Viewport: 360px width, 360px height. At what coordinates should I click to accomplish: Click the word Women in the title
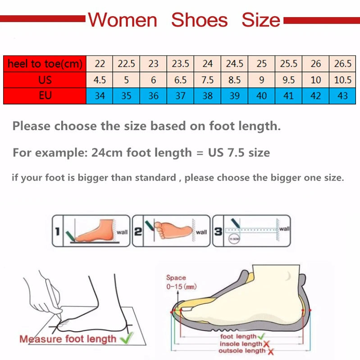(122, 20)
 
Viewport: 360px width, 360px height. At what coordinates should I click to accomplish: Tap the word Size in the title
(261, 20)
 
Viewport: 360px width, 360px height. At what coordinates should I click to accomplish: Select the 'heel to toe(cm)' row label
(45, 64)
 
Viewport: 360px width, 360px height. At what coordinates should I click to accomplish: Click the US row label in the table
(45, 80)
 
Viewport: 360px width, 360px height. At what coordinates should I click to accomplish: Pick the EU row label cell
(45, 96)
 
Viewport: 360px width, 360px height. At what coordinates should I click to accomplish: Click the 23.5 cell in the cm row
(180, 64)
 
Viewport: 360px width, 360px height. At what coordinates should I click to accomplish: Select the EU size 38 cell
(207, 96)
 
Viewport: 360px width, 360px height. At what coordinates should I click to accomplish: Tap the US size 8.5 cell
(234, 80)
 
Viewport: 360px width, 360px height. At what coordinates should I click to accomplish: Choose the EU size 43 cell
(342, 96)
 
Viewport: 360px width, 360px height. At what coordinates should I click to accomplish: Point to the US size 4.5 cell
(99, 80)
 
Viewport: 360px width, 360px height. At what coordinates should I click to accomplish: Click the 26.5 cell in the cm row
(342, 64)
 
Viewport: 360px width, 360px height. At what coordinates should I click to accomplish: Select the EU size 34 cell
(99, 96)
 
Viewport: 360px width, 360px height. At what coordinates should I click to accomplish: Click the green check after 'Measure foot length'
(128, 337)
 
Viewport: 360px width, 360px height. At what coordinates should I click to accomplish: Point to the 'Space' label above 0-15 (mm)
(176, 278)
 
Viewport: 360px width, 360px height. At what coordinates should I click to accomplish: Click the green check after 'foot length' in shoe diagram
(260, 336)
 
